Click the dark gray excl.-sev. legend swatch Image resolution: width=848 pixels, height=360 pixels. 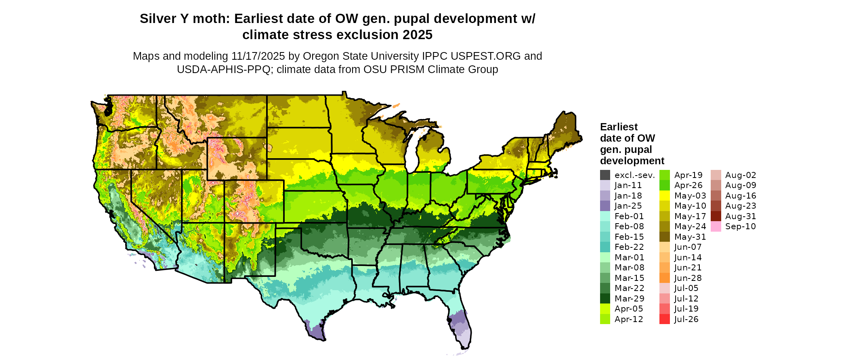pos(605,175)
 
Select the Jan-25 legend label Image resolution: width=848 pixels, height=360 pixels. pos(628,206)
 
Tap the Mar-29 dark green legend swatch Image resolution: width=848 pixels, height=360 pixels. pos(605,299)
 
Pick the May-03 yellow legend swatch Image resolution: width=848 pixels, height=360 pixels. pos(664,196)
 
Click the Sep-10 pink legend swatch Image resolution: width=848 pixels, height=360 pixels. pos(716,226)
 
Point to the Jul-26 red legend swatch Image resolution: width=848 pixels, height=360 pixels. pos(664,319)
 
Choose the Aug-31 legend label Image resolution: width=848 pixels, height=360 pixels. pos(740,216)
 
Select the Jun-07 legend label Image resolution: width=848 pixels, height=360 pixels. pos(688,247)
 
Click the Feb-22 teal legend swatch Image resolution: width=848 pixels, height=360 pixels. pos(605,247)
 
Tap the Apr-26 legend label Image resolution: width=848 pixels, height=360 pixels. pos(688,185)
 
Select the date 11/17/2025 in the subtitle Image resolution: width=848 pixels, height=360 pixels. pos(258,56)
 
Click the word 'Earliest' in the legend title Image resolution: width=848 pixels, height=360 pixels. pos(619,127)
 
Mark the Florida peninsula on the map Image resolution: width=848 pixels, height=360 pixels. pos(460,323)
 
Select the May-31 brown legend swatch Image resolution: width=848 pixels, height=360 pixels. pos(664,237)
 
